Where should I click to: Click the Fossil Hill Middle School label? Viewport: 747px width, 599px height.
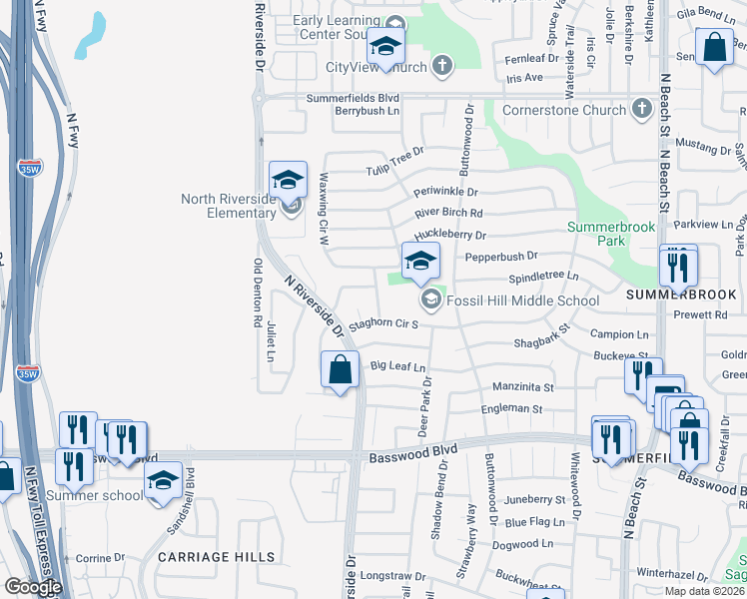(522, 300)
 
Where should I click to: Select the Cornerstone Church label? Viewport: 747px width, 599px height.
(564, 110)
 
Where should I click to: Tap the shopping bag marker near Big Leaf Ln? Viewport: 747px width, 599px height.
(341, 369)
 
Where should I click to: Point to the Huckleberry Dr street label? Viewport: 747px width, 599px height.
(449, 236)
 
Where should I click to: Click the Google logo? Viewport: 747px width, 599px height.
(34, 587)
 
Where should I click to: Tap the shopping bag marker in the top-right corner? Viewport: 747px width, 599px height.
(714, 47)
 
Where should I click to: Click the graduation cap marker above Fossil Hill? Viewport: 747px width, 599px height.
(420, 261)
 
